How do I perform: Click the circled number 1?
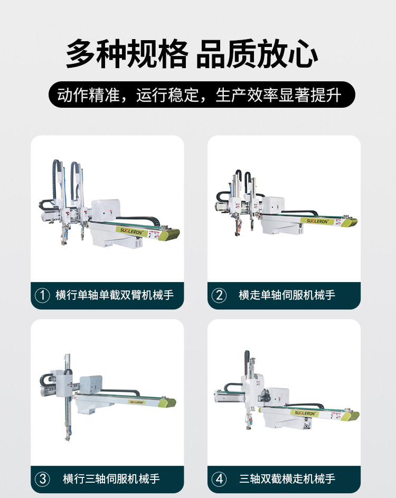pyautogui.click(x=42, y=295)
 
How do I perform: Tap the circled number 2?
pyautogui.click(x=219, y=295)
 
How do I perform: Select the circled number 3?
pyautogui.click(x=42, y=479)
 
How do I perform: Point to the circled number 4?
pyautogui.click(x=219, y=479)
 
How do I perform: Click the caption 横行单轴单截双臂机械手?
pyautogui.click(x=115, y=295)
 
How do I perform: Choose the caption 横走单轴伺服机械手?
pyautogui.click(x=287, y=295)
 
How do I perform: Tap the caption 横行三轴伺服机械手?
pyautogui.click(x=111, y=478)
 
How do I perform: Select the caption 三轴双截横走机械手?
pyautogui.click(x=287, y=478)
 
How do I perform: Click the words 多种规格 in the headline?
pyautogui.click(x=127, y=54)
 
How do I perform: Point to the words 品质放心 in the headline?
pyautogui.click(x=257, y=54)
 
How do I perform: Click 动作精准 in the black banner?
pyautogui.click(x=89, y=95)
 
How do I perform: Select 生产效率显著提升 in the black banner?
pyautogui.click(x=278, y=95)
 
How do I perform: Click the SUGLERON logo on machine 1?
pyautogui.click(x=131, y=231)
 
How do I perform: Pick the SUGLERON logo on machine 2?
pyautogui.click(x=317, y=221)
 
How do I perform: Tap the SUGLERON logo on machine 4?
pyautogui.click(x=305, y=413)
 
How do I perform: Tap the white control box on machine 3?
pyautogui.click(x=91, y=385)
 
